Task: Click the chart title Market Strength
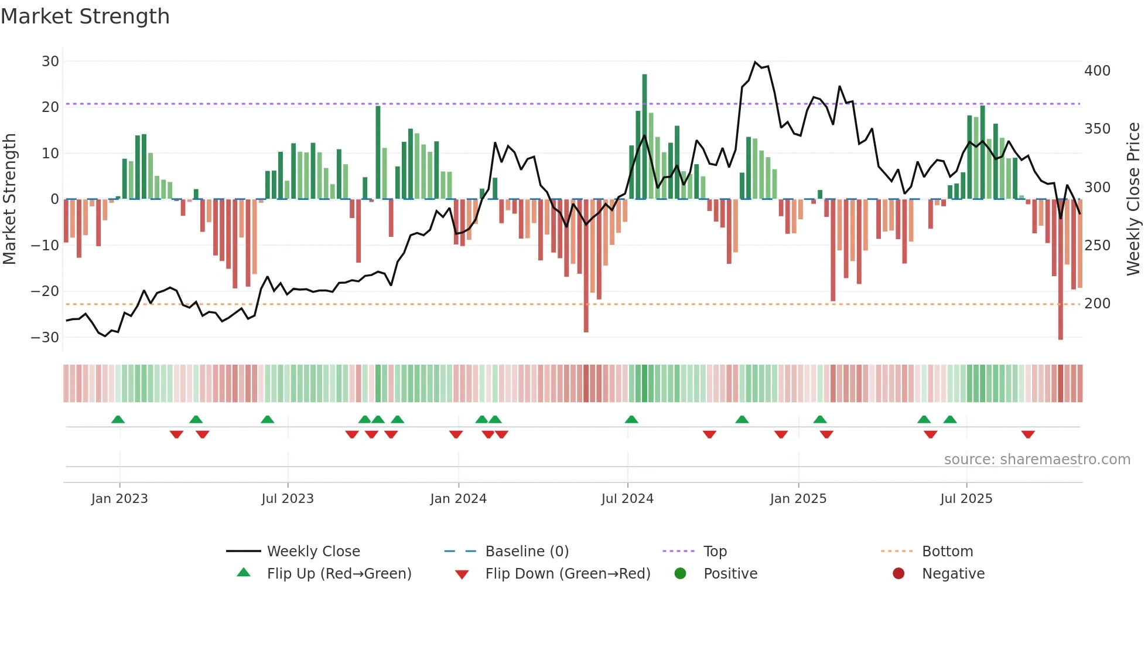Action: click(x=85, y=16)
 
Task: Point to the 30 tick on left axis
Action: click(x=50, y=62)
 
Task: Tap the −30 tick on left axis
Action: click(x=46, y=338)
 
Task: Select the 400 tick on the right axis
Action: click(x=1097, y=71)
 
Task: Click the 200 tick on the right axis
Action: click(x=1097, y=304)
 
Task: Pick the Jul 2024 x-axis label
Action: click(x=627, y=499)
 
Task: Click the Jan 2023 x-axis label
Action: click(x=119, y=499)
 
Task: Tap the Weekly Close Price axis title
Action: click(x=1133, y=199)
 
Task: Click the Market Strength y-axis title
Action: click(x=9, y=199)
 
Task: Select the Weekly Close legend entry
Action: click(x=313, y=552)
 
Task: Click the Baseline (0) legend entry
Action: click(x=527, y=552)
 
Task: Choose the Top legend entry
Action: click(x=715, y=552)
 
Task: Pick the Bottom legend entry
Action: click(x=947, y=552)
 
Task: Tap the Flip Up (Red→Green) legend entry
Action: click(x=339, y=574)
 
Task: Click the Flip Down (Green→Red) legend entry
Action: click(x=568, y=574)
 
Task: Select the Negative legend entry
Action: click(x=953, y=574)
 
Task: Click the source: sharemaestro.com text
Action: click(x=1037, y=460)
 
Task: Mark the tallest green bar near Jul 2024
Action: click(x=644, y=135)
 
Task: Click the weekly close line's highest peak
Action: click(x=755, y=62)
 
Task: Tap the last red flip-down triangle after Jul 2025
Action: click(x=1028, y=434)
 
